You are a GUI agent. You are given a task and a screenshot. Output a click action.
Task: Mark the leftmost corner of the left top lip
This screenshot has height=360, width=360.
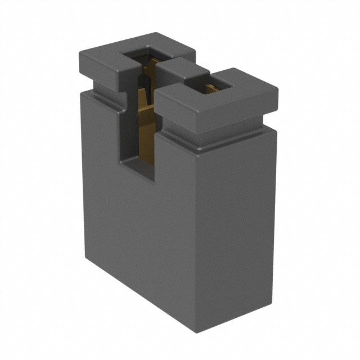point(79,52)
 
